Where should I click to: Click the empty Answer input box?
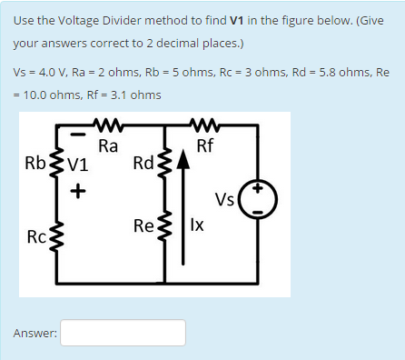[123, 333]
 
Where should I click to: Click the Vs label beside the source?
[224, 200]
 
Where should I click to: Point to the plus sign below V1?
[78, 191]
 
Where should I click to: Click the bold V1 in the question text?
[242, 22]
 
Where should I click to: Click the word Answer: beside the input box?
[35, 334]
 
